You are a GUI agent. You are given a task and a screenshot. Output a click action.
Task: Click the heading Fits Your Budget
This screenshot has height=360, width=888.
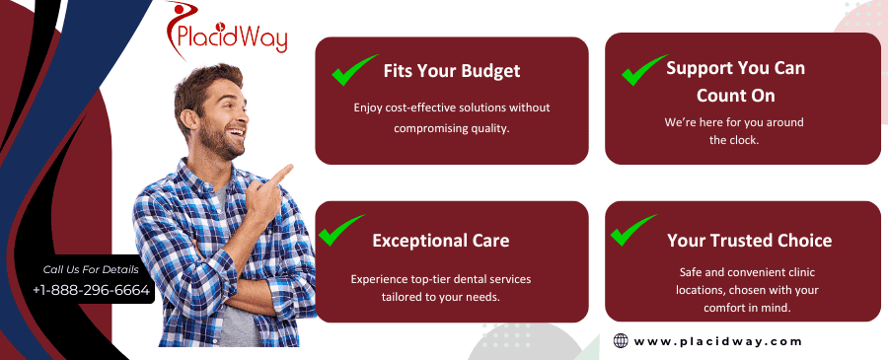click(x=452, y=71)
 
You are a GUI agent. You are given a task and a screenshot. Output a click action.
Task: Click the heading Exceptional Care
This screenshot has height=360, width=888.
click(x=441, y=240)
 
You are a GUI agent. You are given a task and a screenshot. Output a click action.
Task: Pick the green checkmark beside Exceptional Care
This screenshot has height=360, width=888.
click(x=340, y=230)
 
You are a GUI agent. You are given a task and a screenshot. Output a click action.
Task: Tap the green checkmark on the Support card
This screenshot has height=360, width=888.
click(x=643, y=69)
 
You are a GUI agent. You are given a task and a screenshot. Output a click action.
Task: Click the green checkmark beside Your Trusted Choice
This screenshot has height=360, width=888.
click(x=632, y=229)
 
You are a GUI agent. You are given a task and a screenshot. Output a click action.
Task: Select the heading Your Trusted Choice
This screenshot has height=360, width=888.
click(x=749, y=240)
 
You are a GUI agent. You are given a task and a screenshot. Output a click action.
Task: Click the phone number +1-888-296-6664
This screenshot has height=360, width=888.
click(x=91, y=290)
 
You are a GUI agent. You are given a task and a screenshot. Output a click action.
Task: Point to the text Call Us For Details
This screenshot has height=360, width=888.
click(x=91, y=269)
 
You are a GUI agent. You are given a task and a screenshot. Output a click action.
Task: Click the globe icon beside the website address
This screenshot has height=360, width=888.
click(x=621, y=341)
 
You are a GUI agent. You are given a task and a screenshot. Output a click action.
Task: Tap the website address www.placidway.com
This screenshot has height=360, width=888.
click(x=717, y=341)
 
